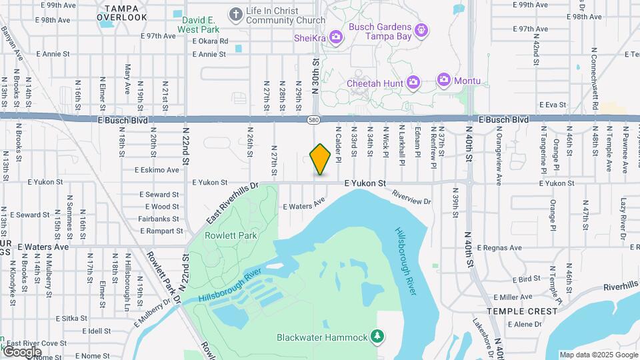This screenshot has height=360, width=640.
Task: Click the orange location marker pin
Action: coord(321,159)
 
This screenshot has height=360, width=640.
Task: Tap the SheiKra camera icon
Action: coord(335,38)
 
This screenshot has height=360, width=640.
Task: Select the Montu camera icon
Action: coord(444,81)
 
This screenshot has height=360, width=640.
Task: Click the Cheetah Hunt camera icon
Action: coord(413,83)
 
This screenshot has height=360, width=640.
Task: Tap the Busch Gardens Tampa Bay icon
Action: coord(421,30)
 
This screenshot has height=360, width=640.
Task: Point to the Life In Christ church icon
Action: coord(235,14)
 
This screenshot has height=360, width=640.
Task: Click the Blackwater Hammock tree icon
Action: coord(379,336)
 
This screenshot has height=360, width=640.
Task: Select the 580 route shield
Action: coord(313,120)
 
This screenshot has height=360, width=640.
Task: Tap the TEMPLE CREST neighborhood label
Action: coord(521,311)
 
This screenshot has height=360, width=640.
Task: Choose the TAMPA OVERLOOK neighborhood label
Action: coord(121,12)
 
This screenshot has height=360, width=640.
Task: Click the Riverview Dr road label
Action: coord(411,197)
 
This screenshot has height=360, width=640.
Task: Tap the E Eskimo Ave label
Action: coord(157,170)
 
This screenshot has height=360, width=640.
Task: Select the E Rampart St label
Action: coord(160,231)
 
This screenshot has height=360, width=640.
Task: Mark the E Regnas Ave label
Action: coord(499,248)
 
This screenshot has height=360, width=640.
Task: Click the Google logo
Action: coord(21,351)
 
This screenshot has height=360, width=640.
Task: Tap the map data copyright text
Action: coord(599,355)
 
